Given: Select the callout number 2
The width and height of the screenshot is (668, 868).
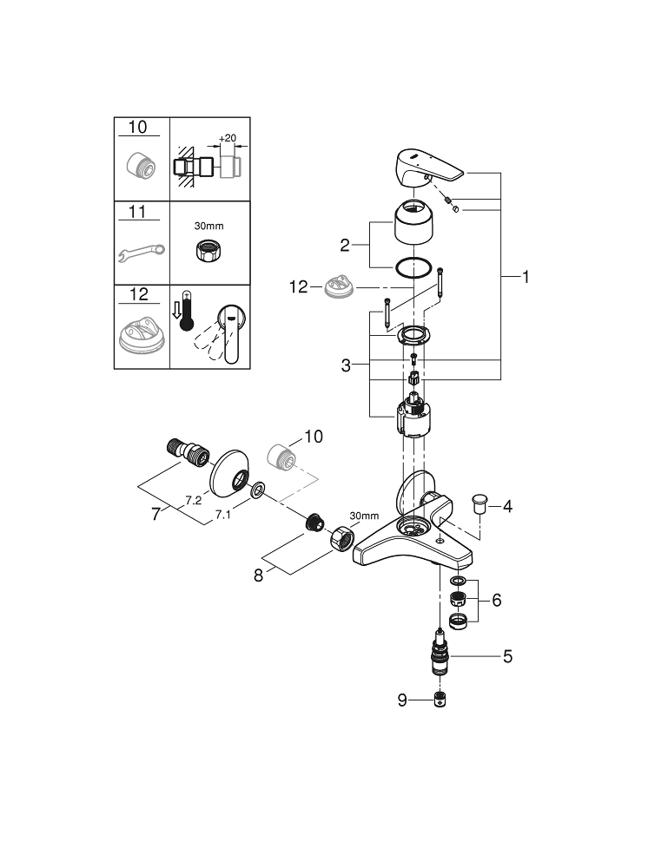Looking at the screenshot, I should (344, 245).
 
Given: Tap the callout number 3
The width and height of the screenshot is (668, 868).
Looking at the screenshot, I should (346, 365).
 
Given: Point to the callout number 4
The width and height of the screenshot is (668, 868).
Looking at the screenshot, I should (507, 505).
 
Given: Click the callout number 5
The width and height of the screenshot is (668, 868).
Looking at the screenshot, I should (507, 656).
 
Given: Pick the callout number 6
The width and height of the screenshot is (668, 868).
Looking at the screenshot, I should (497, 600).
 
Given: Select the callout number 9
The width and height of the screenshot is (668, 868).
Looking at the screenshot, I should (402, 700).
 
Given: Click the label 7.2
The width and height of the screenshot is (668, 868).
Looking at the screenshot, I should (194, 501).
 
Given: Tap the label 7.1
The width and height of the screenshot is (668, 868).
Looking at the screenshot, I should (222, 515).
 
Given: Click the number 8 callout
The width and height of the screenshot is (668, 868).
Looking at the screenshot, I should (258, 575).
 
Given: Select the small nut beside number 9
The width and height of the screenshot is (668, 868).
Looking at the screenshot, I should (443, 700).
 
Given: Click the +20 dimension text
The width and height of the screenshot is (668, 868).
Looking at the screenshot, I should (228, 138).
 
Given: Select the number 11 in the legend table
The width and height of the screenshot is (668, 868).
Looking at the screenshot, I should (139, 211).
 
